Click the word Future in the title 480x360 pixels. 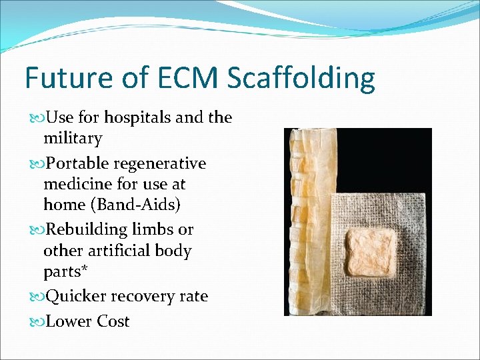[x=68, y=78]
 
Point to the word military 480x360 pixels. [x=73, y=139]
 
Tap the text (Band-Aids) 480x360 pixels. [x=137, y=205]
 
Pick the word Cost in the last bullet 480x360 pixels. [x=113, y=321]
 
